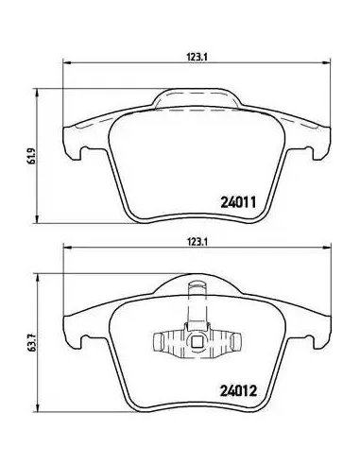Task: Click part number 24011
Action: click(x=238, y=202)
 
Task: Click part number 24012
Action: click(x=238, y=391)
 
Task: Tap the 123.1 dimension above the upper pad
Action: click(x=197, y=57)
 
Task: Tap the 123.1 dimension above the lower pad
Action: click(x=197, y=242)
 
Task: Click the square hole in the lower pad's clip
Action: click(x=197, y=341)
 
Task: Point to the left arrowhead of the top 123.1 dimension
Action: click(x=67, y=63)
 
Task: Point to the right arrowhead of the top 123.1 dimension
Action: click(x=327, y=63)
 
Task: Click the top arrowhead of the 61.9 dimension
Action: click(x=38, y=93)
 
